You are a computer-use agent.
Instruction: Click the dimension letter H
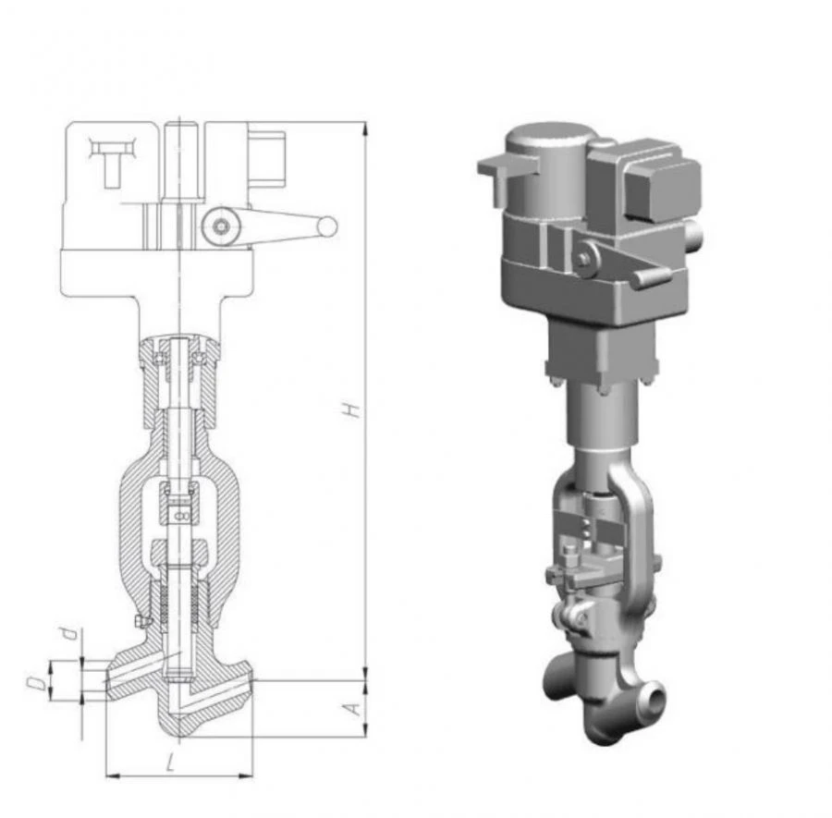[351, 409]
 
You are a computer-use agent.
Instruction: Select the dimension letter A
[351, 708]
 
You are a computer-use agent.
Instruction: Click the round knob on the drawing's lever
[326, 226]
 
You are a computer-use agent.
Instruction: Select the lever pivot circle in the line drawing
[220, 226]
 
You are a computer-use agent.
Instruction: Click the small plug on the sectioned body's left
[140, 620]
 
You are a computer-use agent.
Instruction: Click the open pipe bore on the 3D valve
[654, 692]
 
